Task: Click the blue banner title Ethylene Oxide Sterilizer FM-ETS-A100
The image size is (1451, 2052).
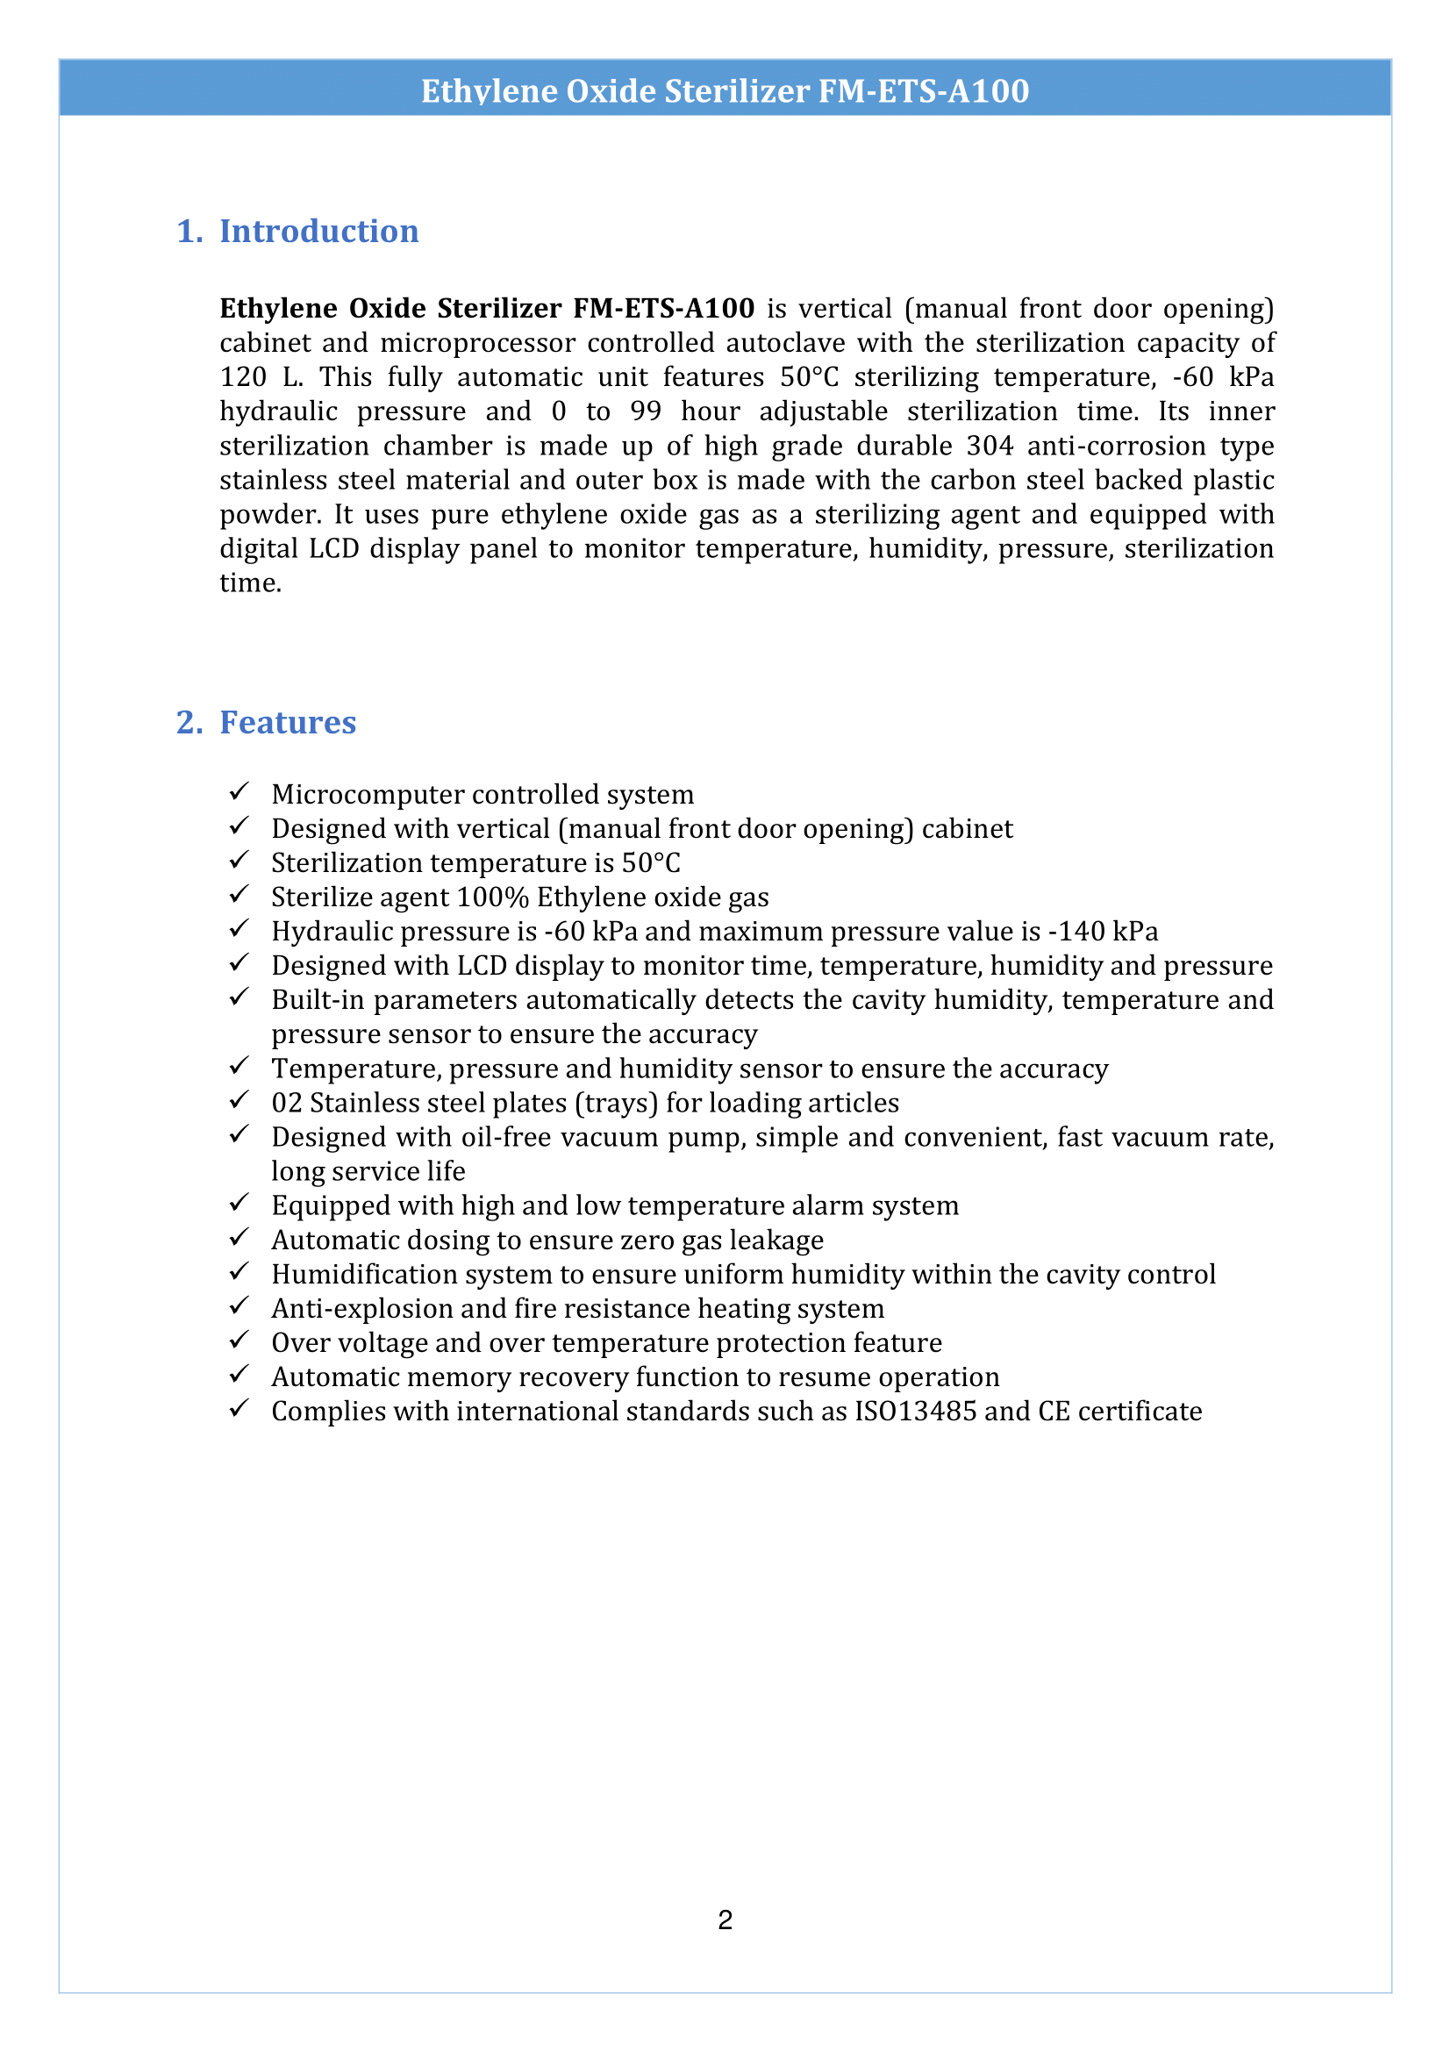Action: coord(725,91)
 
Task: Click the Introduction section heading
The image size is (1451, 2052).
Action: coord(318,232)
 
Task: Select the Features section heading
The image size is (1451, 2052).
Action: coord(287,722)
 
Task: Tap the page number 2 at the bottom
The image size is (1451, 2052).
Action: coord(725,1920)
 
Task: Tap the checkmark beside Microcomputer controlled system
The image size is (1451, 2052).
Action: coord(238,792)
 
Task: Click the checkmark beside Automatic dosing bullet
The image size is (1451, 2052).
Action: coord(238,1238)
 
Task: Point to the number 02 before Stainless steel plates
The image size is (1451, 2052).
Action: coord(287,1103)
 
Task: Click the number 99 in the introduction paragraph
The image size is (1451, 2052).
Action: coord(645,412)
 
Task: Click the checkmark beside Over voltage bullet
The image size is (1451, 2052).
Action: coord(238,1341)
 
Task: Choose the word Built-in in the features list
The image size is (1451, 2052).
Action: coord(318,1000)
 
